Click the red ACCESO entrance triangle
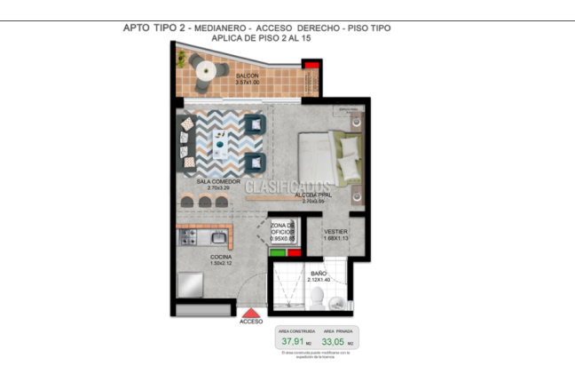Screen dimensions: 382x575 point(252,313)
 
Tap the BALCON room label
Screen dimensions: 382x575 point(248,76)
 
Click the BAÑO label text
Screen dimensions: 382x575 point(319,273)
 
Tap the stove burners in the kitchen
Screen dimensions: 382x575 point(188,237)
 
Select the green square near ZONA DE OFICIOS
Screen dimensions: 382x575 point(278,252)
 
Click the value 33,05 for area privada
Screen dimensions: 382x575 point(334,340)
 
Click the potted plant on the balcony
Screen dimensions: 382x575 point(183,59)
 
